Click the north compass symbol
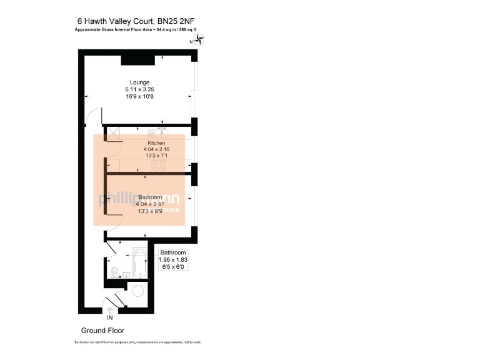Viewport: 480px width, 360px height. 200,41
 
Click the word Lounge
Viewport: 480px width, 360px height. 139,82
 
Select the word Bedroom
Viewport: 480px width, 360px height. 151,197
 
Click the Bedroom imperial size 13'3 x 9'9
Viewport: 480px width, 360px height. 151,211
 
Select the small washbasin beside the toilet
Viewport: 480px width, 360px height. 126,275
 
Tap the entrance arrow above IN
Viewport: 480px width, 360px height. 111,309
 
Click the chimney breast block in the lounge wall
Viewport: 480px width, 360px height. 134,59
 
